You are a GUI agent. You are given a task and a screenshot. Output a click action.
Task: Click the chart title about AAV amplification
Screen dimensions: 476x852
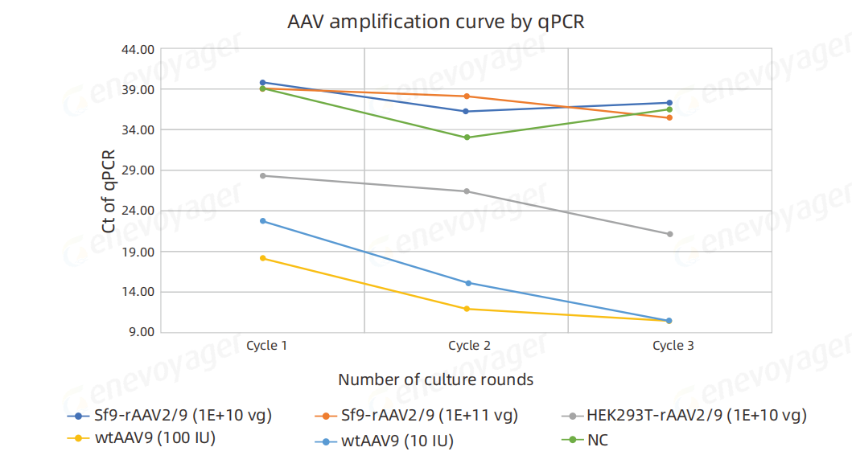436,23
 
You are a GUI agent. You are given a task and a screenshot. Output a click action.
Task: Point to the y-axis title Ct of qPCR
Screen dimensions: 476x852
109,192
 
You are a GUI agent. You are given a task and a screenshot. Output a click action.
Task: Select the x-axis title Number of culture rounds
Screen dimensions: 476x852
435,380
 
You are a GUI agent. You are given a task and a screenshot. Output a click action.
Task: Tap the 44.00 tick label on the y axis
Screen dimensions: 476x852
138,49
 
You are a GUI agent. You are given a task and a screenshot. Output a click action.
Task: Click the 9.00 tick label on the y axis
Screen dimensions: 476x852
141,332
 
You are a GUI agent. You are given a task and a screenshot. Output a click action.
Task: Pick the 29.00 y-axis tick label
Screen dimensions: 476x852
138,170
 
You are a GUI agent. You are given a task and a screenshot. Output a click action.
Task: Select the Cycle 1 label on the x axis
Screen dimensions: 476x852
267,346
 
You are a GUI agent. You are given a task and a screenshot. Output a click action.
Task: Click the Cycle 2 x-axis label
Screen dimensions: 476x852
469,346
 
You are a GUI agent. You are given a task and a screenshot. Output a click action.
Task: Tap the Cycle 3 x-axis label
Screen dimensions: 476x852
673,346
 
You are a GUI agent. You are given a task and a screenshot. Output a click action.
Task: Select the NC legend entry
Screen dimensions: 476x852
597,440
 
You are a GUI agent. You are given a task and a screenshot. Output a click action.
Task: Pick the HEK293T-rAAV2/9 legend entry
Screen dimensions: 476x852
696,416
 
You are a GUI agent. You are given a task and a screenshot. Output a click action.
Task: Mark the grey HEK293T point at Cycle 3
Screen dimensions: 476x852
669,234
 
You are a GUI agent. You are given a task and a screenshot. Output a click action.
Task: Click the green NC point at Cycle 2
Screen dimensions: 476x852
467,137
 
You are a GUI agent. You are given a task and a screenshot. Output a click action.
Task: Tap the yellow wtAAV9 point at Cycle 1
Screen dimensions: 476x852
263,258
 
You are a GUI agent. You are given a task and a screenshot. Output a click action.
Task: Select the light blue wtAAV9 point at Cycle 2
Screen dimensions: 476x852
467,283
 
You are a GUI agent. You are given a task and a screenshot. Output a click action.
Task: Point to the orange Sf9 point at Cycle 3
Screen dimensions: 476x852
669,117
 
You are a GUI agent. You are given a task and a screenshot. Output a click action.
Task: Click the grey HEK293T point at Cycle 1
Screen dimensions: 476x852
263,175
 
